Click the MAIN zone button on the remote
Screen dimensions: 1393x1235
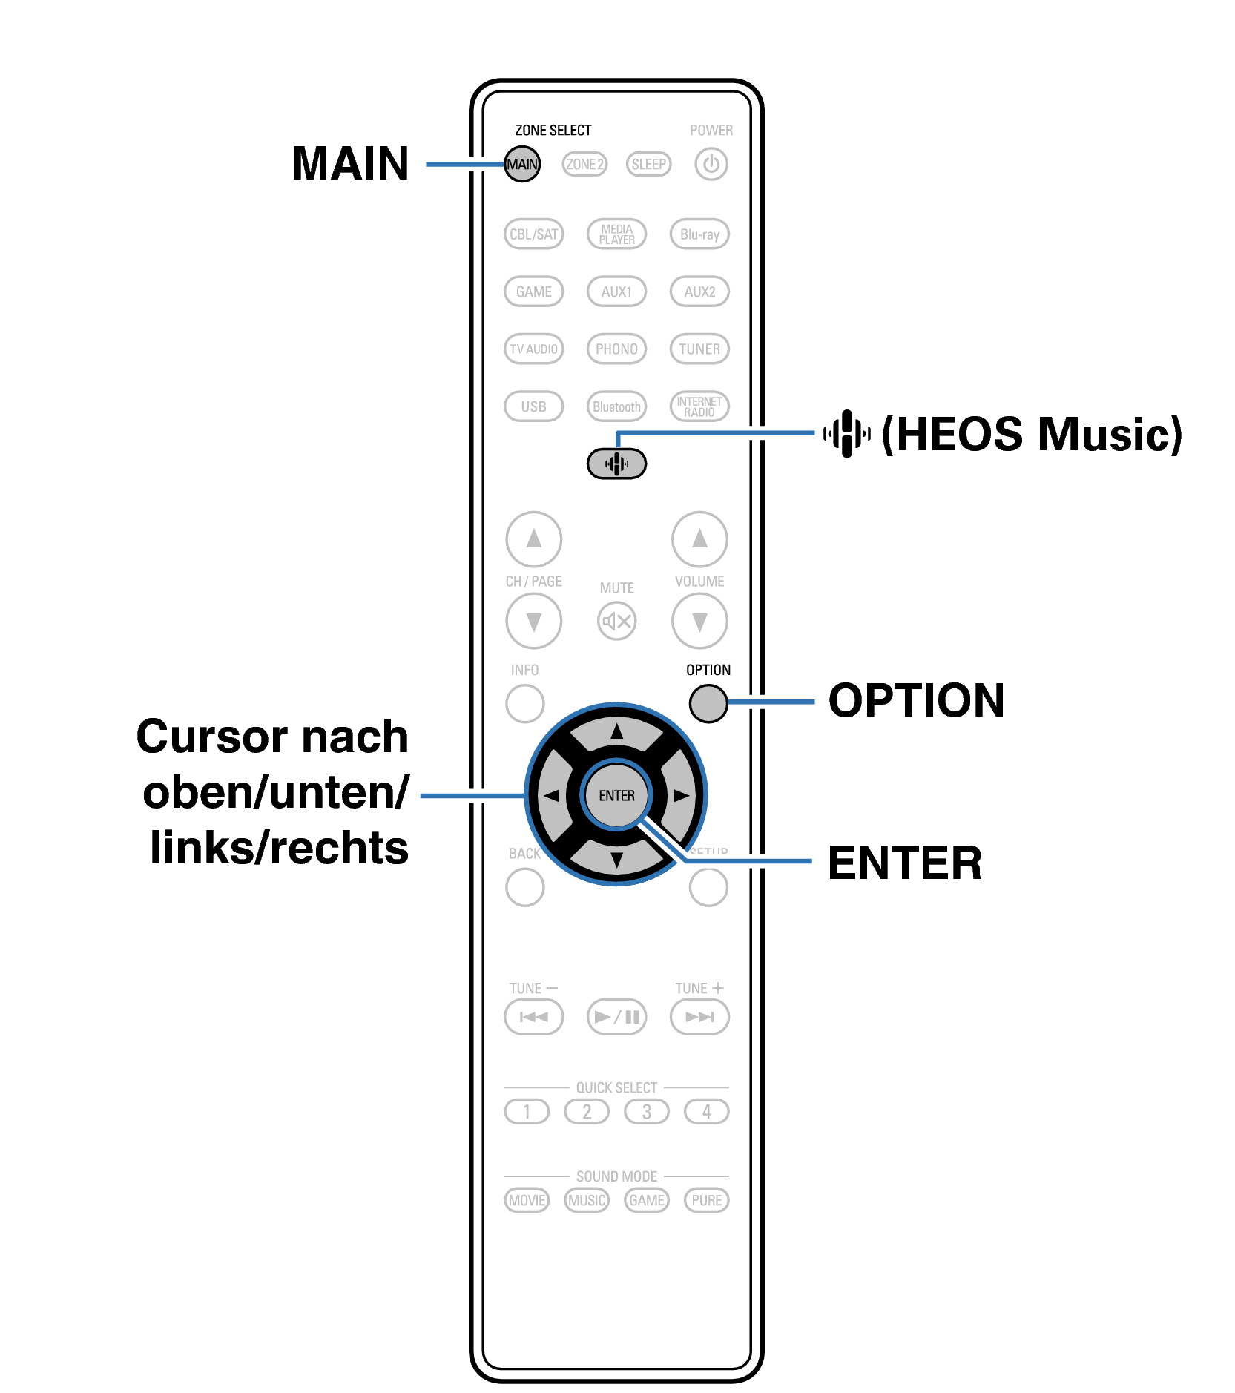point(522,164)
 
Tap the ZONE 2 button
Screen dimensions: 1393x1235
point(584,164)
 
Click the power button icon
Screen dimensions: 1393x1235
point(711,164)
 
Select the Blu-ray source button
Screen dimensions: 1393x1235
point(699,234)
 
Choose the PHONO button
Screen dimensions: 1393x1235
point(616,349)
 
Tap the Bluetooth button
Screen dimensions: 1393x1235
point(616,406)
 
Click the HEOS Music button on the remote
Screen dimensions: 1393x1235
point(616,464)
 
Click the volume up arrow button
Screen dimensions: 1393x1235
point(699,539)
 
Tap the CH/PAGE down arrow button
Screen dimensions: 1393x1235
point(533,621)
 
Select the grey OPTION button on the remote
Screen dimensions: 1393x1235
point(708,703)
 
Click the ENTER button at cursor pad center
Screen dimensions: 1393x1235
point(616,795)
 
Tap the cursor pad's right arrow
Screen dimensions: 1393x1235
point(681,795)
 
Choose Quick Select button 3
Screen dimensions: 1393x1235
point(647,1111)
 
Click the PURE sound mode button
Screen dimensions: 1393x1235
point(706,1200)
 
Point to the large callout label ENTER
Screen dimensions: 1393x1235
point(905,863)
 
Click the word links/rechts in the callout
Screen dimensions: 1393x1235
point(279,848)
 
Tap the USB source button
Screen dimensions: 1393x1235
point(533,406)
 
